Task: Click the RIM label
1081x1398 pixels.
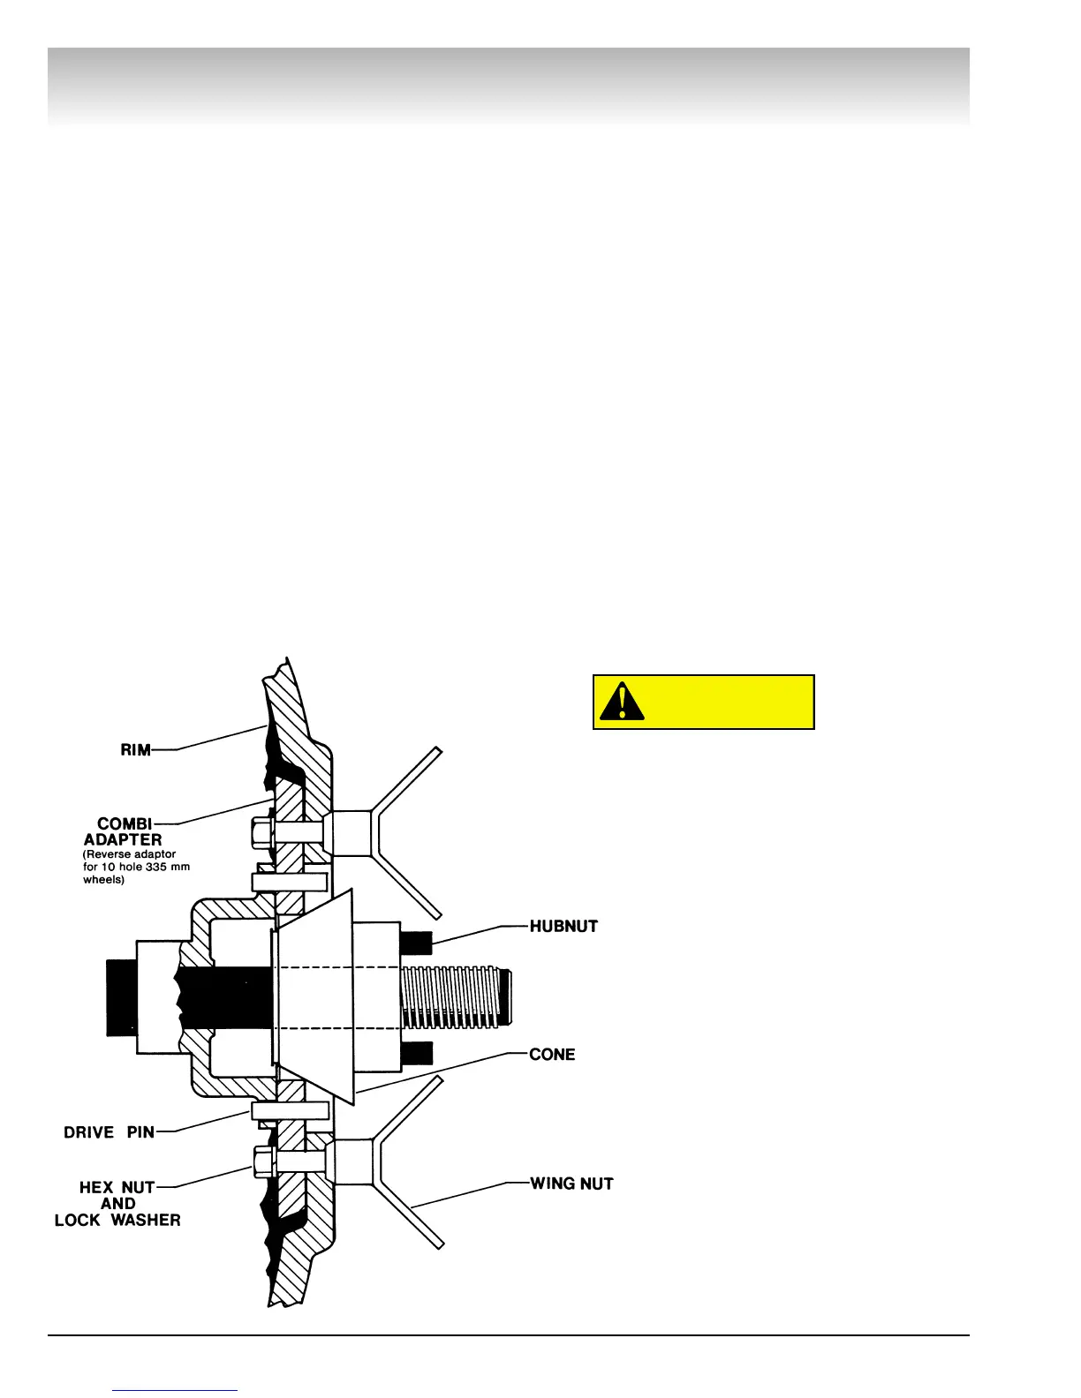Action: pyautogui.click(x=135, y=750)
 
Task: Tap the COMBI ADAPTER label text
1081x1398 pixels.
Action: pyautogui.click(x=124, y=831)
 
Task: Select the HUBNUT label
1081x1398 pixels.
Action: pyautogui.click(x=563, y=927)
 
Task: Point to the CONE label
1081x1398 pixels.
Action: pyautogui.click(x=552, y=1055)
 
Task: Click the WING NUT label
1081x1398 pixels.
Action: pyautogui.click(x=571, y=1184)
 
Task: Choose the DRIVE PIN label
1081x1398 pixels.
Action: pyautogui.click(x=109, y=1132)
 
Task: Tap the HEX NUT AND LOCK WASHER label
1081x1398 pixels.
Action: pyautogui.click(x=117, y=1204)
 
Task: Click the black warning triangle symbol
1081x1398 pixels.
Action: pyautogui.click(x=623, y=702)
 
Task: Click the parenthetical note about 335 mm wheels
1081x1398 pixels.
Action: pyautogui.click(x=136, y=867)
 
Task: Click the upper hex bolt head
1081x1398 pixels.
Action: pyautogui.click(x=262, y=831)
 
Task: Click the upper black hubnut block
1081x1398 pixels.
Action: pyautogui.click(x=417, y=943)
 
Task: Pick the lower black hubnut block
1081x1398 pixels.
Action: pyautogui.click(x=417, y=1053)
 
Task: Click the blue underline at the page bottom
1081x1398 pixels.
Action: pyautogui.click(x=175, y=1390)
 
